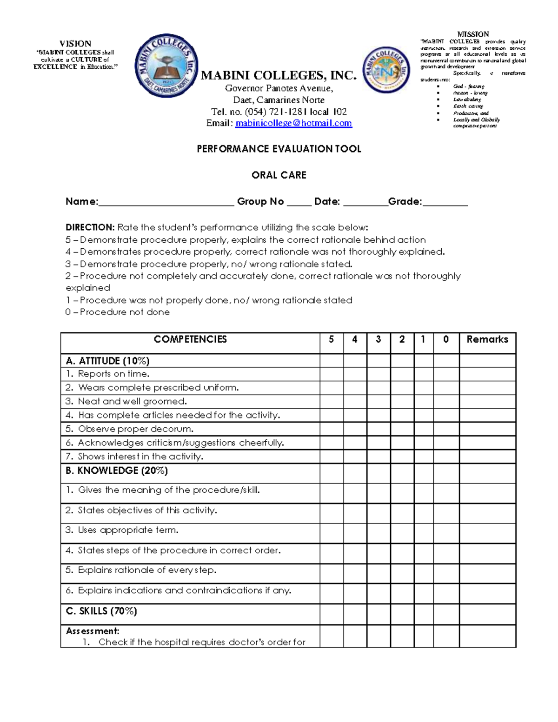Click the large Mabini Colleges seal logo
tap(166, 65)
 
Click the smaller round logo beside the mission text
tap(386, 70)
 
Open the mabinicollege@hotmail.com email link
tap(293, 123)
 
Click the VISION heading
tap(75, 43)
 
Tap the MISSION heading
tap(473, 34)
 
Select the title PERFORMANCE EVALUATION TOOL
tap(279, 149)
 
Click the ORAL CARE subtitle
tap(279, 175)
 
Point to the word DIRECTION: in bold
tap(90, 227)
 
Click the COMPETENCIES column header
tap(190, 339)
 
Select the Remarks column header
tap(487, 339)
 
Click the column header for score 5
tap(331, 339)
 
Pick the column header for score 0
tap(446, 339)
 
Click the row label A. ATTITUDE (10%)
tap(107, 361)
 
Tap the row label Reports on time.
tap(113, 374)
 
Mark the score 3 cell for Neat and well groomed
tap(379, 401)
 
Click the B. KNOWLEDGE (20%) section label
tap(116, 470)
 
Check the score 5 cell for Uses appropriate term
tap(332, 533)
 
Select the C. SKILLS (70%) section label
tap(101, 611)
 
